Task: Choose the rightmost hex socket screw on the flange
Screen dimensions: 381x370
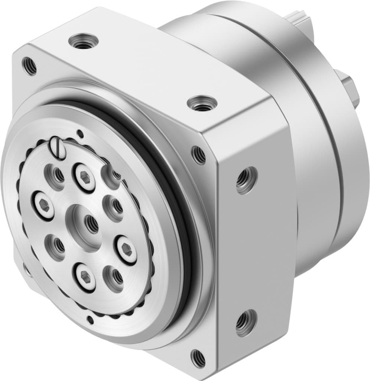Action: pyautogui.click(x=127, y=250)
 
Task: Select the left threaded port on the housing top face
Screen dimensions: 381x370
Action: pyautogui.click(x=84, y=40)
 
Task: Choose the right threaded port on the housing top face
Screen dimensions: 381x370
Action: pyautogui.click(x=202, y=103)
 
